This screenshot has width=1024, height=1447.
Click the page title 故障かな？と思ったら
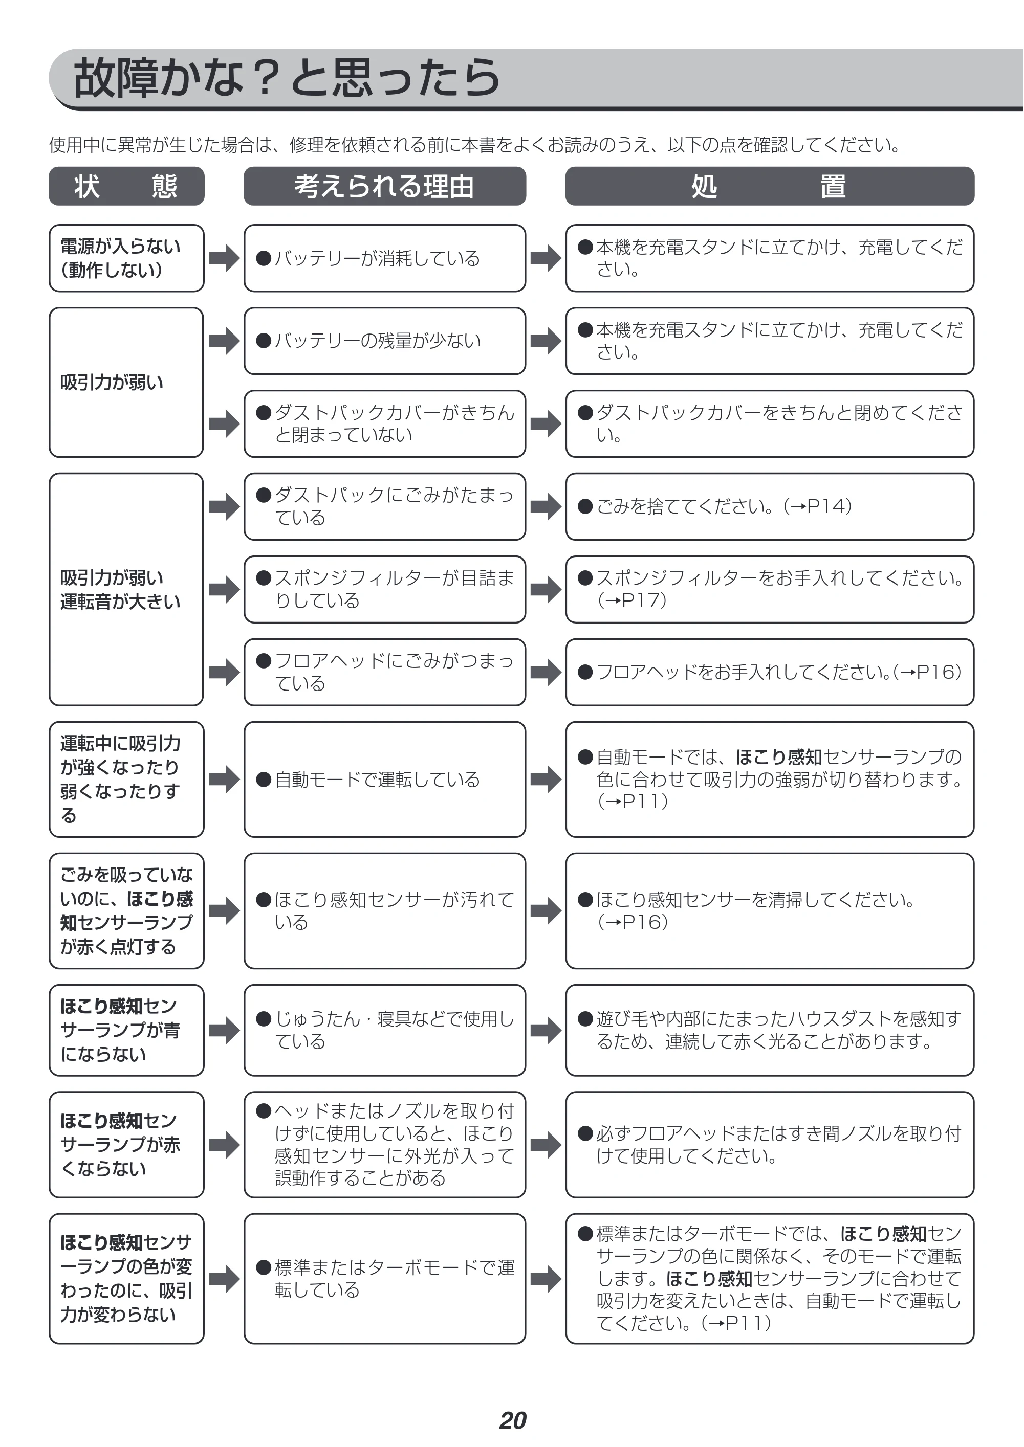point(287,78)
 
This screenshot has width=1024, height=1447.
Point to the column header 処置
point(769,186)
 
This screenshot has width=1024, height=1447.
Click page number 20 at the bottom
point(513,1420)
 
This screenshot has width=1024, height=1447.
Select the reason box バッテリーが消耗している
point(385,258)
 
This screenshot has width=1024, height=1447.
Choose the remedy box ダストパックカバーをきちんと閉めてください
point(769,424)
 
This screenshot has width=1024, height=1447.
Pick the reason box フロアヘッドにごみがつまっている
point(385,672)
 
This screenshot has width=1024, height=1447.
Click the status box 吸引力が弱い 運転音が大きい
point(126,589)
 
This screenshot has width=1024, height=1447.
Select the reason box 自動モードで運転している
point(385,780)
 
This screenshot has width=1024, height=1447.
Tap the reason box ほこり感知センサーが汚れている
point(385,910)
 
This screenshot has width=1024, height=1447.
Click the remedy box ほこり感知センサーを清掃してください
point(769,910)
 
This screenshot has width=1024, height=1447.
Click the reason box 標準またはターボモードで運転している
point(385,1279)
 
